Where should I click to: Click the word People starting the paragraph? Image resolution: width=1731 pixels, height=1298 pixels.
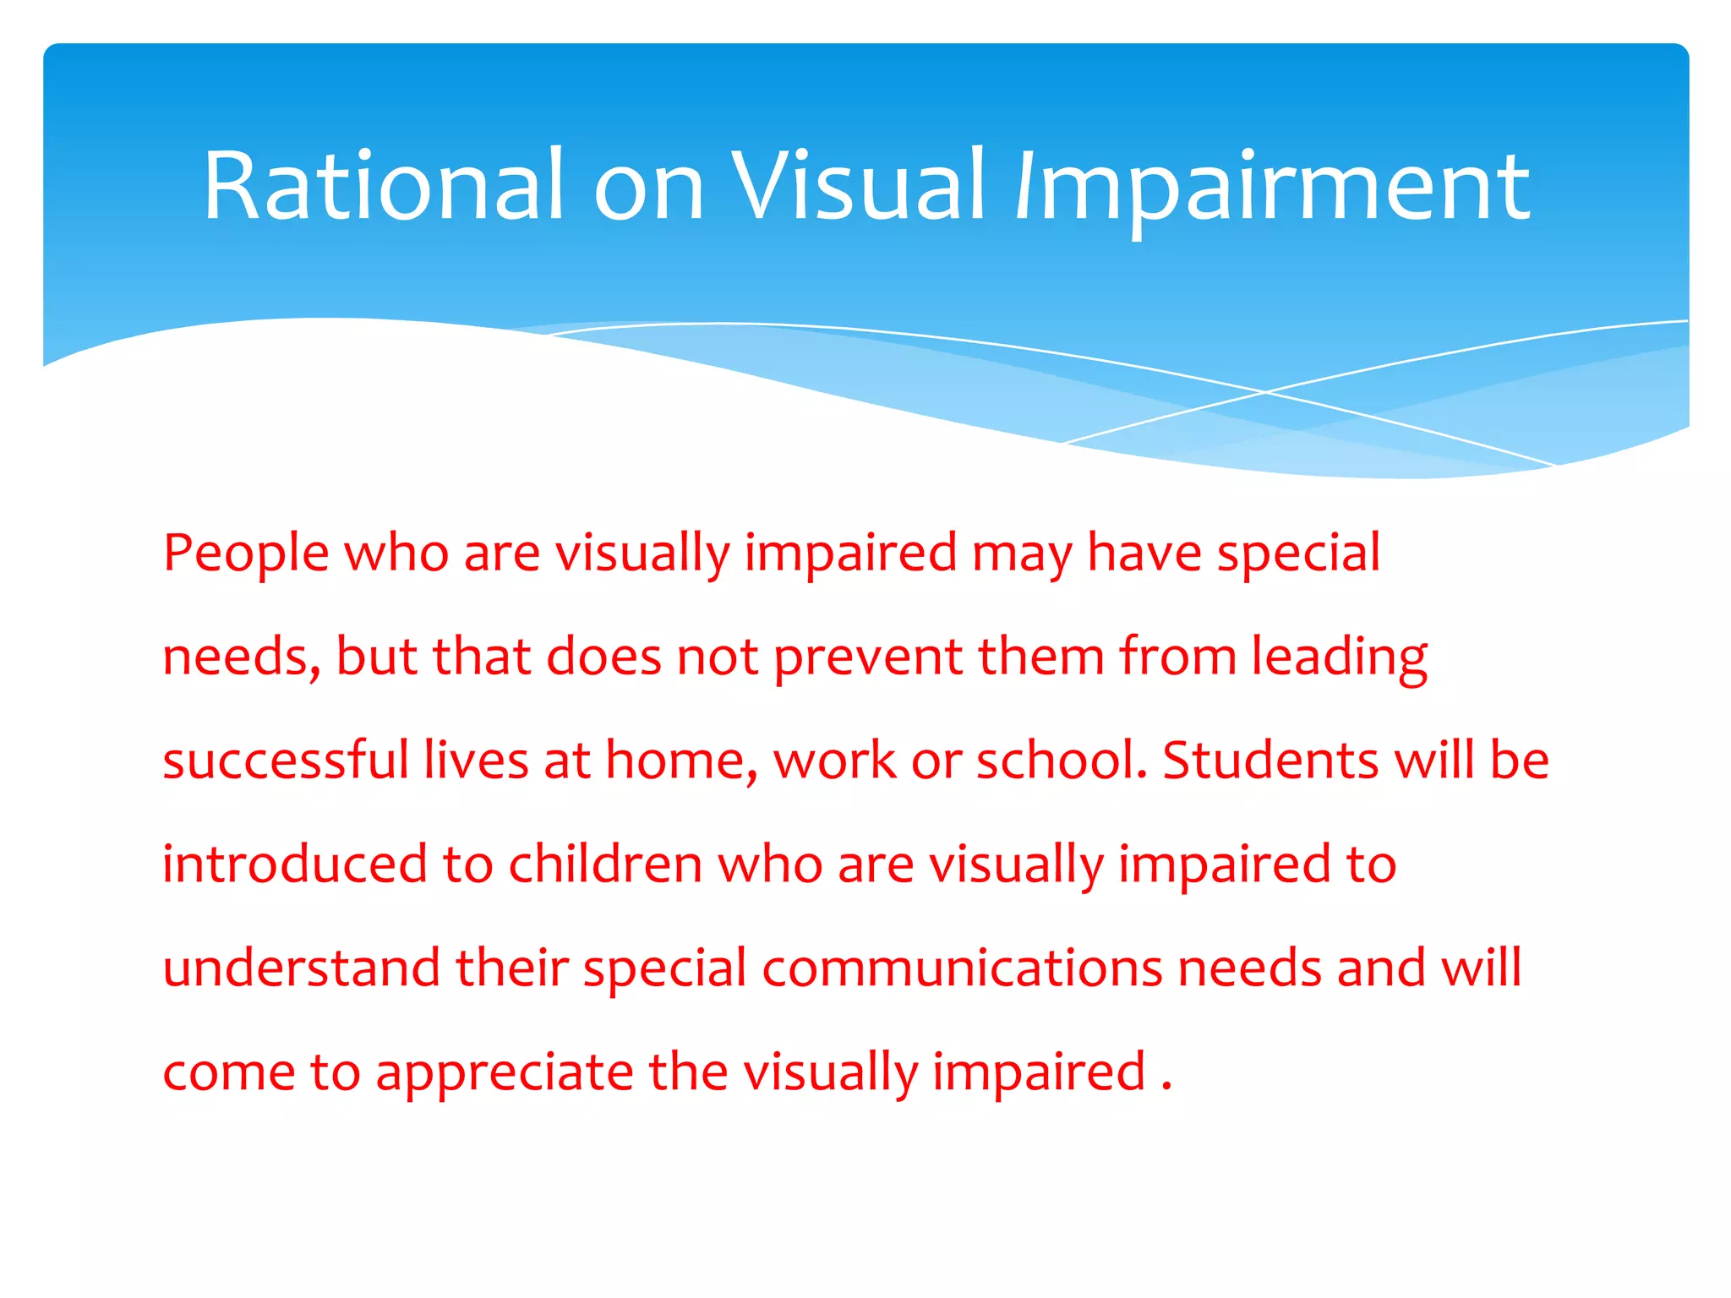coord(246,554)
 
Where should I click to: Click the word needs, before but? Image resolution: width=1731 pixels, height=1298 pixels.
coord(242,658)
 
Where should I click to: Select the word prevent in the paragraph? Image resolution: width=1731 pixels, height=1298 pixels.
coord(868,658)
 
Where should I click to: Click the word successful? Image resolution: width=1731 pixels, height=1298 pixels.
coord(286,760)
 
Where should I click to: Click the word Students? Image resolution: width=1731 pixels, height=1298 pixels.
coord(1270,760)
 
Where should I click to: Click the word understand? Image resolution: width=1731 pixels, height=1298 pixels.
coord(302,968)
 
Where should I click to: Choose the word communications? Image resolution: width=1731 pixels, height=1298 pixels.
coord(962,968)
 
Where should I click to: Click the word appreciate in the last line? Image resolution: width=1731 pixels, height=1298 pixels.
coord(505,1073)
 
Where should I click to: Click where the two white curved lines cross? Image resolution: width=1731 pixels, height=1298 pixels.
coord(1265,392)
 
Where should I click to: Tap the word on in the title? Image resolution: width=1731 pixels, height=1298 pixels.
coord(648,188)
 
